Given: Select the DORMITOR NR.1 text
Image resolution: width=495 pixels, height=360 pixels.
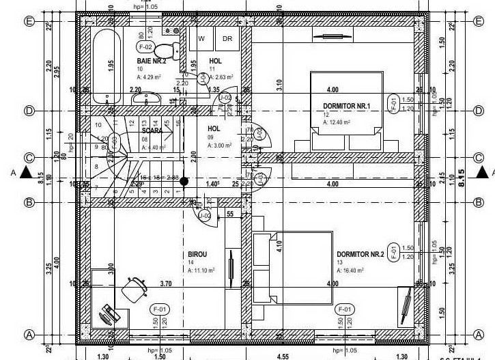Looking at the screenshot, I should click(346, 106).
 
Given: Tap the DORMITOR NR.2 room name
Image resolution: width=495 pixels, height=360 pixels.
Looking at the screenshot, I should click(360, 254).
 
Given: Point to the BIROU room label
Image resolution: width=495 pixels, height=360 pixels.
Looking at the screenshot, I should click(197, 254).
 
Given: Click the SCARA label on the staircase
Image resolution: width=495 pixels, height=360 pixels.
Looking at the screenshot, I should click(152, 130).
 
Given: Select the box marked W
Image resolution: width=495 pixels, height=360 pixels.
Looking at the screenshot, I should click(201, 39).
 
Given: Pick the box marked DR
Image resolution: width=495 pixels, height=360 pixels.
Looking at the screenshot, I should click(227, 39).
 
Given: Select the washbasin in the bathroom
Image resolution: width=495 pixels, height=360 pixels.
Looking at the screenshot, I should click(143, 100).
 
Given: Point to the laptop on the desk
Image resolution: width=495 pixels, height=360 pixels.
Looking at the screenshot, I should click(108, 314).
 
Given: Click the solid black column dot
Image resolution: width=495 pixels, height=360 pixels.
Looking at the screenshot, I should click(184, 181).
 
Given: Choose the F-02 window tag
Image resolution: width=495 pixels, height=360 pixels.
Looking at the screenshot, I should click(144, 47).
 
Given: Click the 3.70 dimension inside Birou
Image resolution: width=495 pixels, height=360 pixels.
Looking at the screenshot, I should click(166, 283).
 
